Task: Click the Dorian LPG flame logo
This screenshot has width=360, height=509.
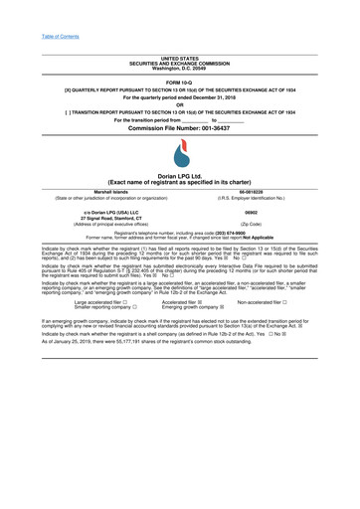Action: coord(179,152)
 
